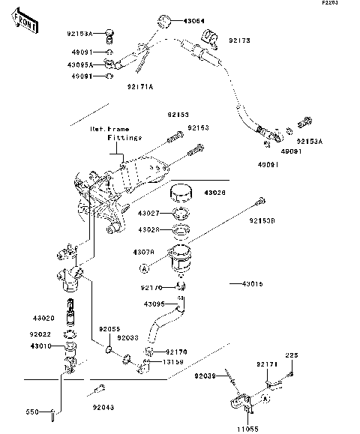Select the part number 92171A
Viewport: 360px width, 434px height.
pos(139,87)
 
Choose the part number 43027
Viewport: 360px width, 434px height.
pos(148,214)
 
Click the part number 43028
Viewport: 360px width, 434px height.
pos(148,229)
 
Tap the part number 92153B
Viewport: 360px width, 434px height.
pos(264,221)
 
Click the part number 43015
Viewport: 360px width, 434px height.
pos(252,284)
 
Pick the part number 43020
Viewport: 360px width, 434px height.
pos(43,319)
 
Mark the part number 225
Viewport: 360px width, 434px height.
pos(292,356)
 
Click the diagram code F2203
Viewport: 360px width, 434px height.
pos(348,4)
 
